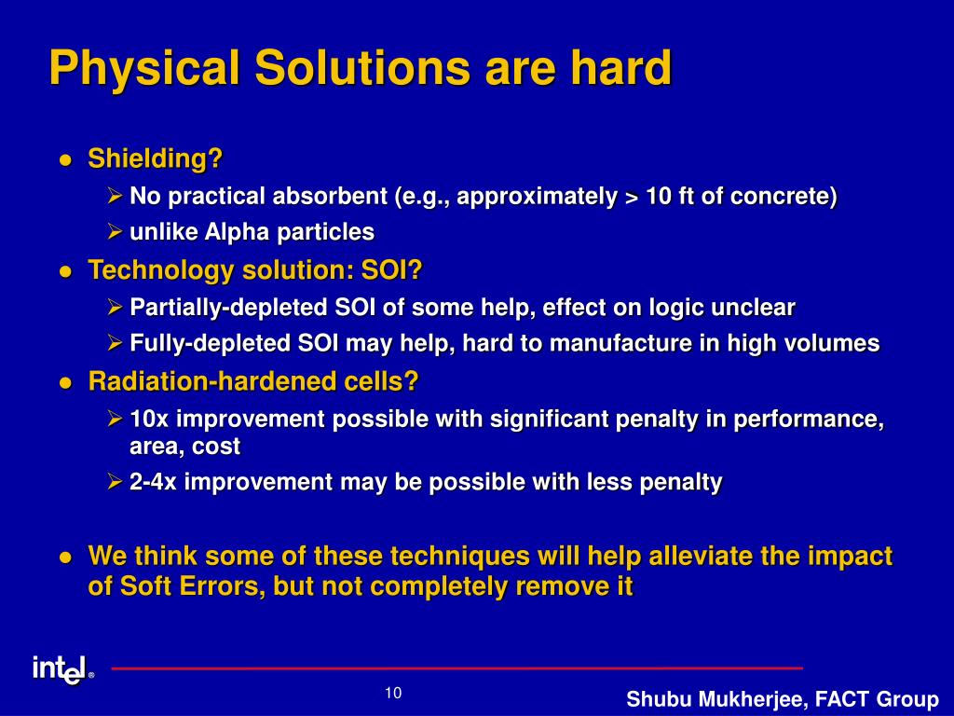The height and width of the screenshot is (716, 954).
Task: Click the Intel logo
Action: point(63,670)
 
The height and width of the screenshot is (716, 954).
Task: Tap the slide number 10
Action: point(393,693)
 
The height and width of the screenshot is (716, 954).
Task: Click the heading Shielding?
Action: point(156,158)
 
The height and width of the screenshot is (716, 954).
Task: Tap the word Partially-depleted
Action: point(228,308)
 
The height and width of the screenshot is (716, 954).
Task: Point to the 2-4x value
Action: point(153,482)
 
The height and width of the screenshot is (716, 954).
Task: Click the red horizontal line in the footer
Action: point(457,668)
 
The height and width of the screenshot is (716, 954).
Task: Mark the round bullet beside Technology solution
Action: point(66,271)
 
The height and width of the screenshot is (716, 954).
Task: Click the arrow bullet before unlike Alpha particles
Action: point(115,231)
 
